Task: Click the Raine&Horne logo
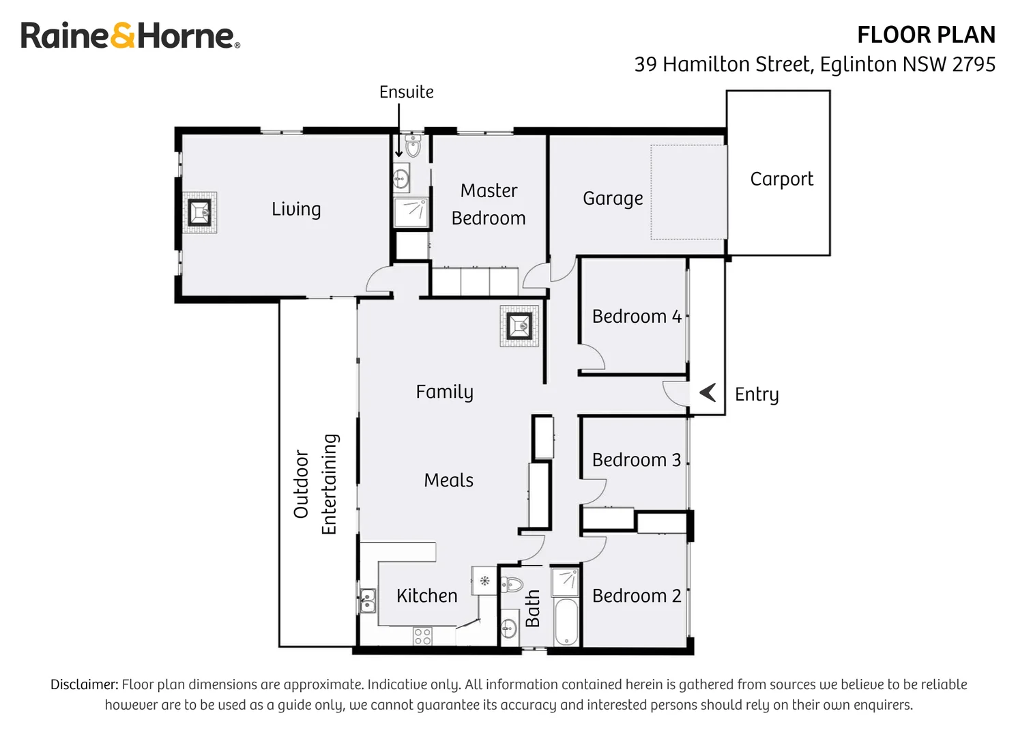(130, 35)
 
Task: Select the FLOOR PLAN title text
(926, 35)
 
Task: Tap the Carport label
(781, 179)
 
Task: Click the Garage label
(613, 199)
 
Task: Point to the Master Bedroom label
(489, 204)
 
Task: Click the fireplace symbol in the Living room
(200, 213)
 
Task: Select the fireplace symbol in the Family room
(519, 326)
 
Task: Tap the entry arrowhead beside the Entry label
(708, 392)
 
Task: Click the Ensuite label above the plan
(406, 92)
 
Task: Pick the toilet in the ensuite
(412, 146)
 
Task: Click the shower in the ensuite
(411, 212)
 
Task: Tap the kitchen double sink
(368, 601)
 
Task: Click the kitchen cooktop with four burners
(422, 636)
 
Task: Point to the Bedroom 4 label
(636, 317)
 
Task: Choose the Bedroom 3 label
(636, 460)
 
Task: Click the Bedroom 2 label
(636, 596)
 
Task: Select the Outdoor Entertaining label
(315, 484)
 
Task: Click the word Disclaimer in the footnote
(84, 684)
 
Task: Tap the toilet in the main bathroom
(512, 584)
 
